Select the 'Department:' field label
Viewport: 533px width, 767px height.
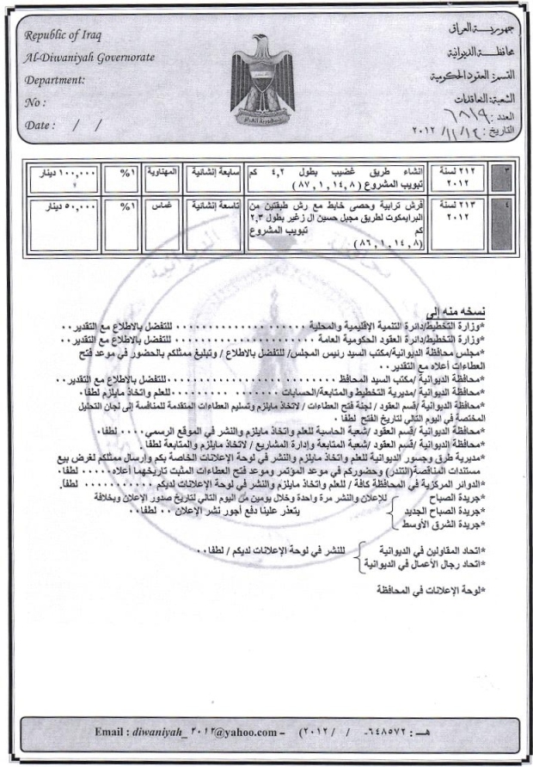pyautogui.click(x=55, y=80)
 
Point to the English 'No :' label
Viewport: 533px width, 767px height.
pyautogui.click(x=35, y=102)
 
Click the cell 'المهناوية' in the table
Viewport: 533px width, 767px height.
pyautogui.click(x=160, y=172)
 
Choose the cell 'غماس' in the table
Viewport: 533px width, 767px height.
pyautogui.click(x=160, y=206)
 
